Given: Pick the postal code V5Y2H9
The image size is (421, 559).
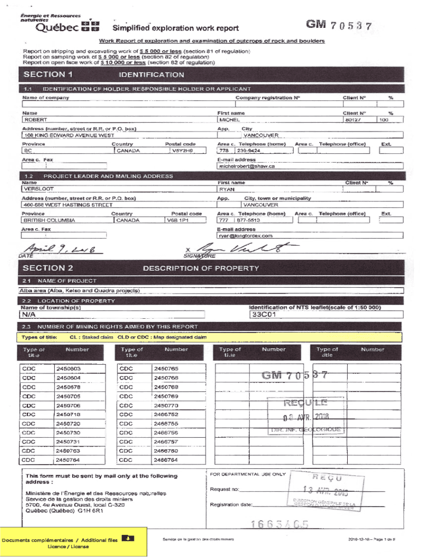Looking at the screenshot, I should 182,151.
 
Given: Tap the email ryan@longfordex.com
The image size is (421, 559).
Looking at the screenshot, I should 245,236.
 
